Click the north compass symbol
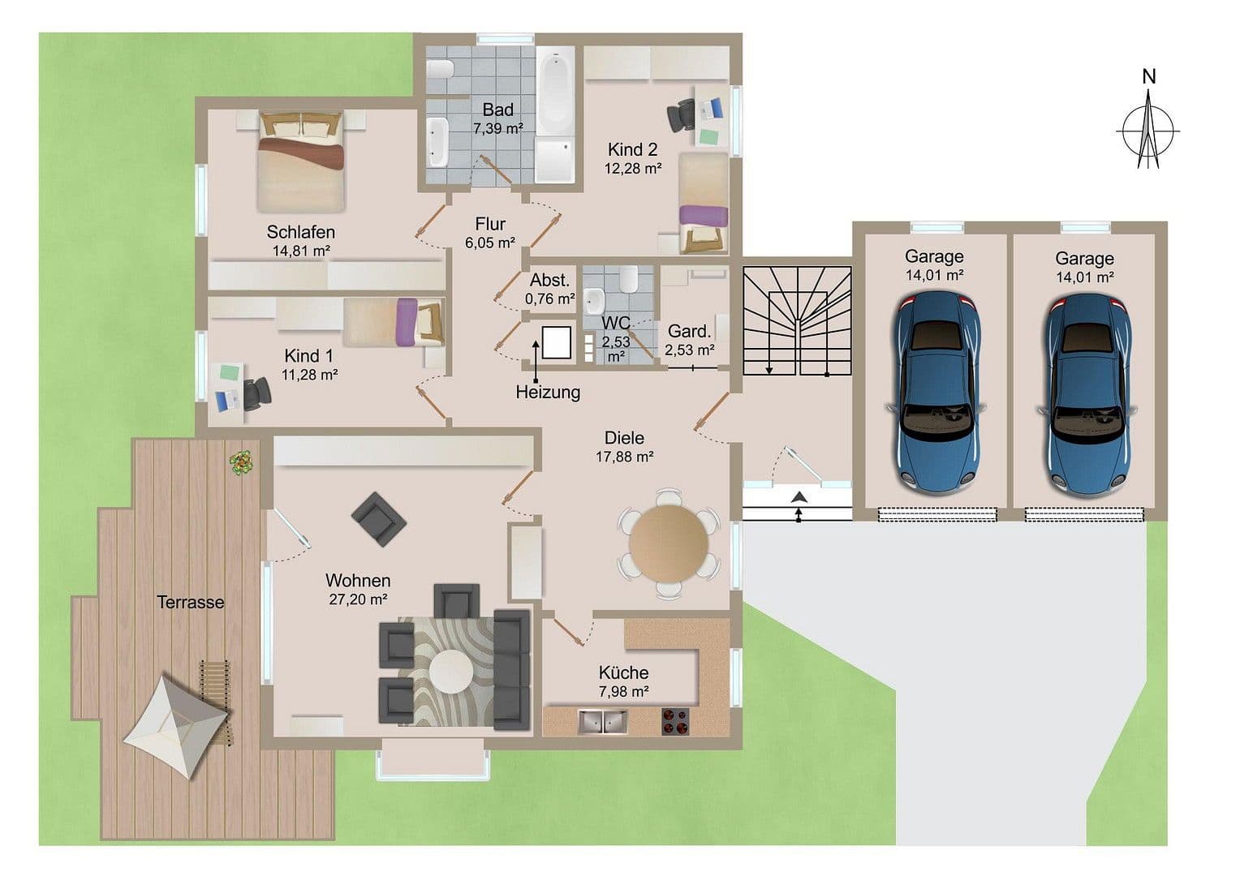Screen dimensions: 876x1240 coord(1147,130)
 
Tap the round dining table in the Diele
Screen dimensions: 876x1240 coord(669,543)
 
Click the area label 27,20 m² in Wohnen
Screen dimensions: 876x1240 coord(358,599)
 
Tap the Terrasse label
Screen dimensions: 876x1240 coord(190,602)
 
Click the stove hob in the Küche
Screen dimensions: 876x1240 coord(675,721)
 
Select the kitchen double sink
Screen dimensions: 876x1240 coord(602,721)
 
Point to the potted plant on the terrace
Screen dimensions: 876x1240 coord(241,462)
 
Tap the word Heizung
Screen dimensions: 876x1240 coord(548,393)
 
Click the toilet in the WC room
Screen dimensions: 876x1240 coord(627,281)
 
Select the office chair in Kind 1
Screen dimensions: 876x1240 coord(258,392)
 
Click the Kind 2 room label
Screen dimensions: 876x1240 coord(632,149)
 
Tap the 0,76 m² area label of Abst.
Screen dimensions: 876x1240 coord(549,298)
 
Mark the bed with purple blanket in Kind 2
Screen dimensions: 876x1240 coord(703,203)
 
